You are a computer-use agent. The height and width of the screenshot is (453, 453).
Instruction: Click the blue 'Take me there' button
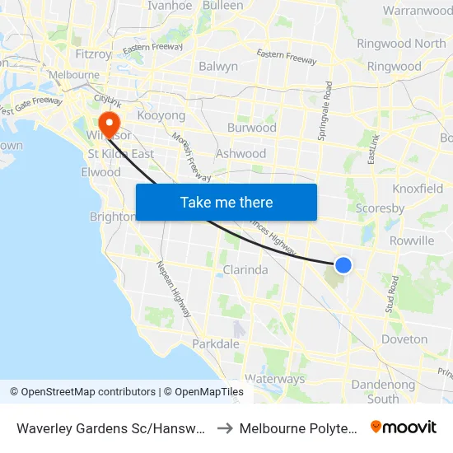coord(226,202)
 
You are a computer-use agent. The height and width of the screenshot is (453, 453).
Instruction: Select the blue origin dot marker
coord(343,264)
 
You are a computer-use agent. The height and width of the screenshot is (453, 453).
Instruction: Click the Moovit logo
coord(404,427)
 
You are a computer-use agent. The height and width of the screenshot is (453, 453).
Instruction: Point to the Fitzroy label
coord(92,54)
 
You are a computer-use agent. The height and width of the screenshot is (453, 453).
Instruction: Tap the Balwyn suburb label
coord(218,66)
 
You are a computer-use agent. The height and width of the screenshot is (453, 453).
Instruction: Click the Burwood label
coord(252,128)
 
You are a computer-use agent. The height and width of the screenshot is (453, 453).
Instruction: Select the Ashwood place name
coord(241,153)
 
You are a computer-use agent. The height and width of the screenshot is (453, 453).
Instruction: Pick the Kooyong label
coord(161,116)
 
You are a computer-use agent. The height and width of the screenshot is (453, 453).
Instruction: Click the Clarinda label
coord(245,269)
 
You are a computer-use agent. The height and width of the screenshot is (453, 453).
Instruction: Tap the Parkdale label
coord(216,343)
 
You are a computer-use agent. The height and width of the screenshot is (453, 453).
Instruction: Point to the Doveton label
coord(404,339)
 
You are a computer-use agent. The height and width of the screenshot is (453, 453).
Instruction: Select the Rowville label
coord(411,241)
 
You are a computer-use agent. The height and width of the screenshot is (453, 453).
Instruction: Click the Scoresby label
coord(380,208)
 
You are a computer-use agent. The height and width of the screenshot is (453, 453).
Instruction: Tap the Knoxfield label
coord(418,189)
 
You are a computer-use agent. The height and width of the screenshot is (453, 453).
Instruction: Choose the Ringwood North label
coord(401,43)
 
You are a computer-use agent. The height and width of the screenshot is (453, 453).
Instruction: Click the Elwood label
coord(101,172)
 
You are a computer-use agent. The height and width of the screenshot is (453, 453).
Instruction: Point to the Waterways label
coord(274,379)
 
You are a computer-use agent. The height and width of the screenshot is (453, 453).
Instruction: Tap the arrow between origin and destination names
coord(223,427)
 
